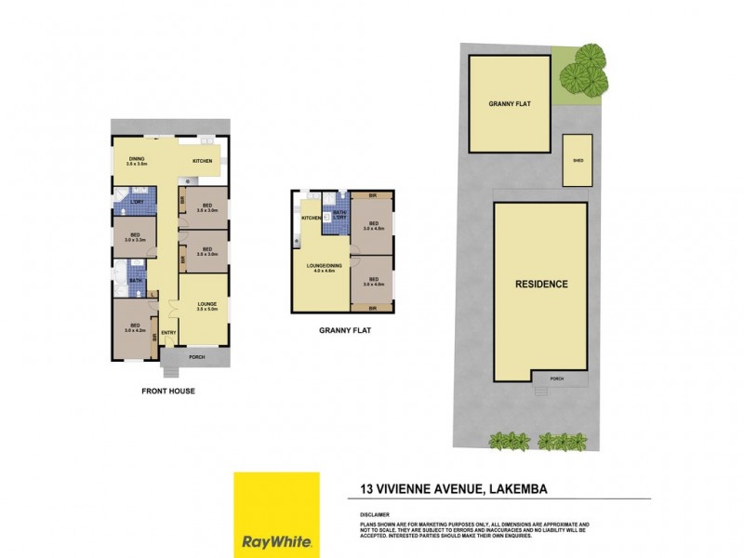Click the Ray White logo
tap(276, 514)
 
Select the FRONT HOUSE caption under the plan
tap(168, 392)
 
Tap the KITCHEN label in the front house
tap(203, 162)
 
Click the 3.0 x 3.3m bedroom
tap(136, 236)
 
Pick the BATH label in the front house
tap(135, 279)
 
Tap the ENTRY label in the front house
tap(169, 333)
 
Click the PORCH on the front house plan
tap(196, 357)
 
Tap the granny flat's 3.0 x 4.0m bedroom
tap(372, 281)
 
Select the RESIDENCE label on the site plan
tap(541, 284)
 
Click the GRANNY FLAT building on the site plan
tap(510, 103)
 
